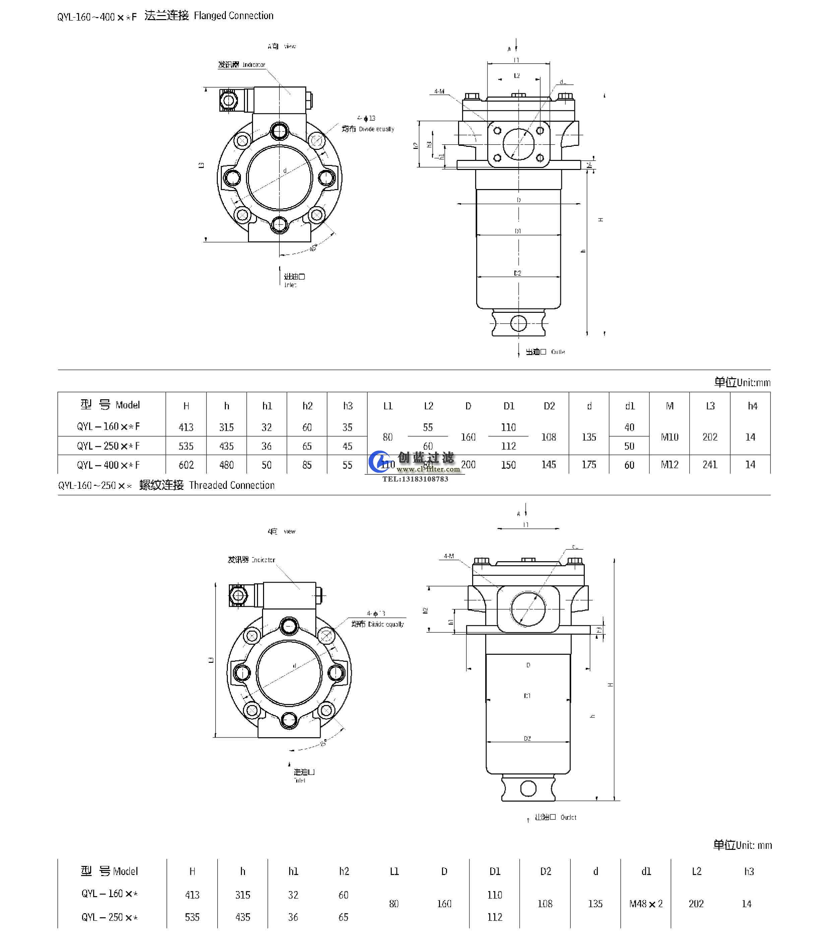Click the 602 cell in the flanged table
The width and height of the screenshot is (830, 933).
(x=186, y=465)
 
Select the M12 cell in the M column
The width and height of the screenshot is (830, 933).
(x=669, y=465)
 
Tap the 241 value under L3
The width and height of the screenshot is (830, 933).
(x=710, y=465)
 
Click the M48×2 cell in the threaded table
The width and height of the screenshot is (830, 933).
(x=646, y=904)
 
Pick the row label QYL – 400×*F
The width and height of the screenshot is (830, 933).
(x=108, y=465)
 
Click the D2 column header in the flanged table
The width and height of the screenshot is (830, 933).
(x=549, y=406)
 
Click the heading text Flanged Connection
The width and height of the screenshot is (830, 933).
(x=233, y=16)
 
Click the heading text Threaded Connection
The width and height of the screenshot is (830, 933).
(x=232, y=485)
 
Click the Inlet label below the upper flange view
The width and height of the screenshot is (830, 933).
(x=290, y=285)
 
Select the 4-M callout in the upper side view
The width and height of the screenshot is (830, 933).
(x=439, y=91)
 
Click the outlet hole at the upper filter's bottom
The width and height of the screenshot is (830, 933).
(x=518, y=323)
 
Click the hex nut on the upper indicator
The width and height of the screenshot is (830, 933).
(x=228, y=100)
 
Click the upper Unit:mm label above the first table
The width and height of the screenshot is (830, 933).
(x=753, y=383)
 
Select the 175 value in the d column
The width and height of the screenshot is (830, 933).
(x=589, y=465)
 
